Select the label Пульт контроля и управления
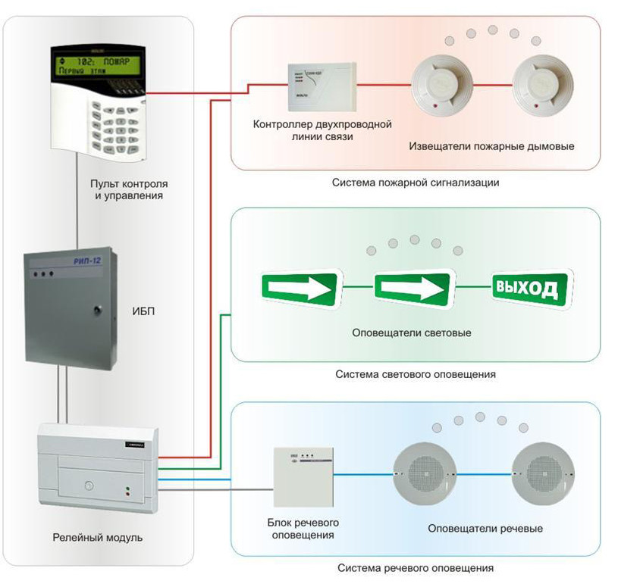click(x=129, y=189)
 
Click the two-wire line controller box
click(x=322, y=88)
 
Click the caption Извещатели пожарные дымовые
click(x=491, y=145)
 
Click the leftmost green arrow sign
click(x=300, y=289)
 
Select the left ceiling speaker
click(x=424, y=474)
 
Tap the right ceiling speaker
click(x=541, y=474)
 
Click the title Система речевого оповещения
click(x=416, y=567)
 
